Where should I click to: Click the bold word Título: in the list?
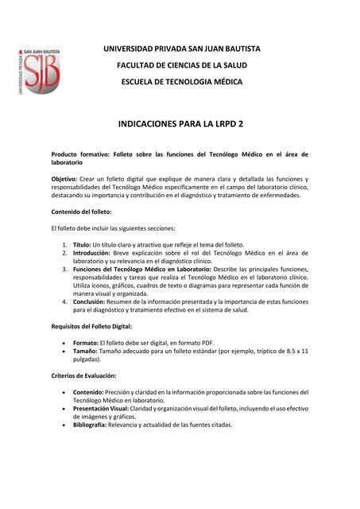coord(82,244)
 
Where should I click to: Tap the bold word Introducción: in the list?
coord(93,252)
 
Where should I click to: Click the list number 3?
coord(64,269)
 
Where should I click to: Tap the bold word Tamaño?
coord(87,351)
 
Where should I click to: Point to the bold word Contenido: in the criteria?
coord(91,392)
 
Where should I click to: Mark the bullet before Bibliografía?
coord(64,425)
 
